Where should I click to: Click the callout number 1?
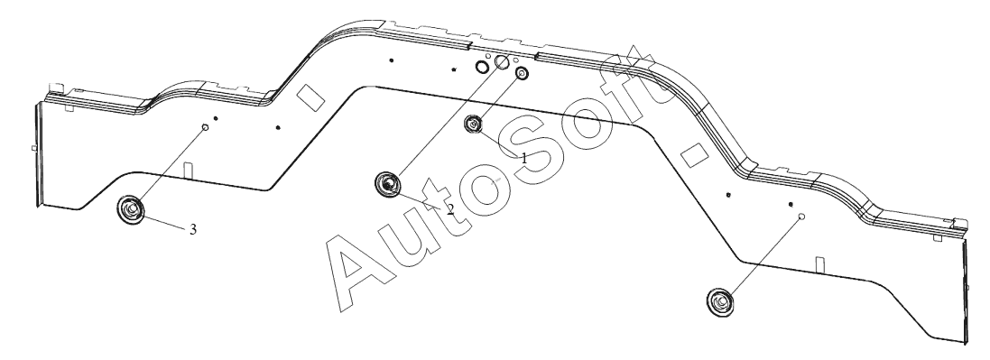[x=524, y=159]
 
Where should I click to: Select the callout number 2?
[x=449, y=208]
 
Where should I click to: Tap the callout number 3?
[x=193, y=229]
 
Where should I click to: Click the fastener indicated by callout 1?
[x=474, y=125]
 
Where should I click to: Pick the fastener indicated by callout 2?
[x=388, y=184]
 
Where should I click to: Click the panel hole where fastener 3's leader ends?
[x=205, y=127]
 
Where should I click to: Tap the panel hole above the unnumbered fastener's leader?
[x=802, y=217]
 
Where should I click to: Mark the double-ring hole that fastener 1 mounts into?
[x=522, y=74]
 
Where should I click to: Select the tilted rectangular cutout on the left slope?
[x=310, y=97]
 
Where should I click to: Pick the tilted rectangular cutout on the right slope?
[x=694, y=155]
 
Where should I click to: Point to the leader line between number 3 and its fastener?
[x=165, y=221]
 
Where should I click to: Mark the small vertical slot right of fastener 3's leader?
[x=187, y=171]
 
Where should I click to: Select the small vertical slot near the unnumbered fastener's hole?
[x=819, y=264]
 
